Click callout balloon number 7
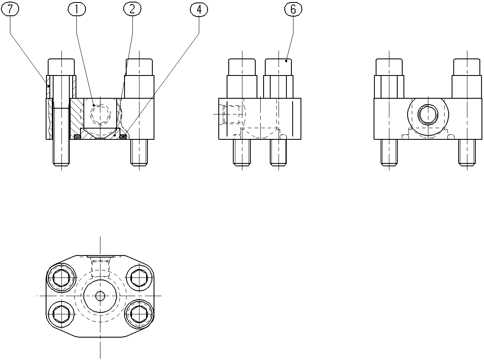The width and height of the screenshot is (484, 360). [10, 9]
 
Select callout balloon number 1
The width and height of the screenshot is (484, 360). [76, 9]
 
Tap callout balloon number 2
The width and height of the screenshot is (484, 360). [132, 9]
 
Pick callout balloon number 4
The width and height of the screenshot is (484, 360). [199, 9]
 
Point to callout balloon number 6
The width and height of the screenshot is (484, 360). [293, 9]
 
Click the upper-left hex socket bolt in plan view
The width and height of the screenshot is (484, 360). [61, 278]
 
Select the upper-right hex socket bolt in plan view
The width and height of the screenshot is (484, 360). [139, 278]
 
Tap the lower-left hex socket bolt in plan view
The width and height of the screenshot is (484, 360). [61, 314]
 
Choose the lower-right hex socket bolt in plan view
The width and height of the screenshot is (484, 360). [139, 314]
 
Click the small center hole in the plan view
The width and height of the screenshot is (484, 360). [100, 296]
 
